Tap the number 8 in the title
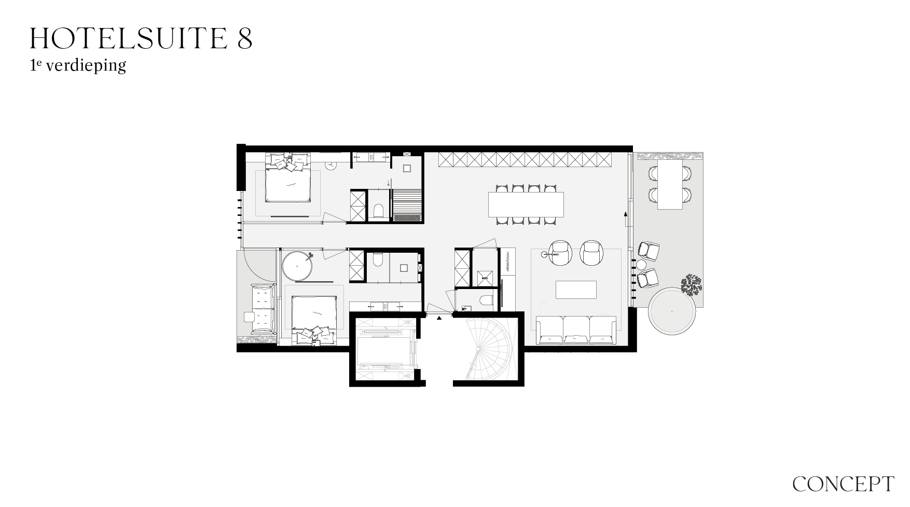pyautogui.click(x=245, y=38)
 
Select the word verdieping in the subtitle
pyautogui.click(x=86, y=66)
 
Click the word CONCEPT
pyautogui.click(x=843, y=484)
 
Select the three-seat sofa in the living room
pyautogui.click(x=576, y=330)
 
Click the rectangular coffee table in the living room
pyautogui.click(x=576, y=290)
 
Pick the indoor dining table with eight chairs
pyautogui.click(x=526, y=204)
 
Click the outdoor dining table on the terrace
pyautogui.click(x=670, y=184)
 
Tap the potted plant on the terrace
pyautogui.click(x=691, y=285)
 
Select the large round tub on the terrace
pyautogui.click(x=672, y=312)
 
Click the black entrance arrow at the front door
pyautogui.click(x=439, y=318)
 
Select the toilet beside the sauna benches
pyautogui.click(x=378, y=211)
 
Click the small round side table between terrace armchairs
pyautogui.click(x=641, y=265)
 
